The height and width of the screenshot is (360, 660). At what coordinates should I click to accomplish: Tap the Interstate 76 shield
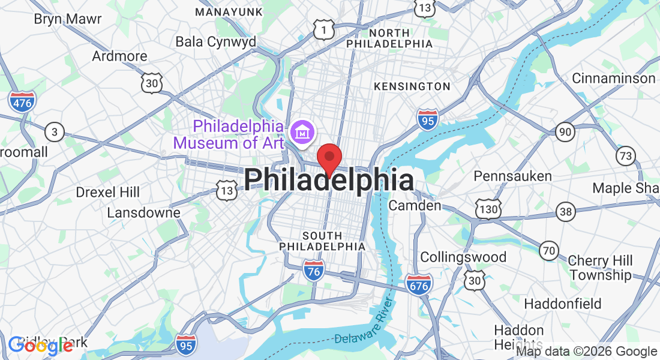click(314, 269)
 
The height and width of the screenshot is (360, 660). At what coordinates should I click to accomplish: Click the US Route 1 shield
click(324, 28)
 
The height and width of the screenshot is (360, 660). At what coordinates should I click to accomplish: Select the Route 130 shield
click(487, 209)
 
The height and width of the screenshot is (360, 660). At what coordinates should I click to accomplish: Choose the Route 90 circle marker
click(564, 131)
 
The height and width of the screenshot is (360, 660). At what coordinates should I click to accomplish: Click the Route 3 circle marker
click(55, 132)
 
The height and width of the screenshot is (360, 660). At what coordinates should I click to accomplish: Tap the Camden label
click(415, 206)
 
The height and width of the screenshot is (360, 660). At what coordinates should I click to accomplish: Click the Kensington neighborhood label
click(412, 86)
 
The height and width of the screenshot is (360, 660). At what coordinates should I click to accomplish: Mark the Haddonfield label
click(562, 304)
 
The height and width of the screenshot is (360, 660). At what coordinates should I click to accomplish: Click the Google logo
click(40, 346)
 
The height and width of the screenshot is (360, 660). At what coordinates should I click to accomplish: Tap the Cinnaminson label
click(613, 79)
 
